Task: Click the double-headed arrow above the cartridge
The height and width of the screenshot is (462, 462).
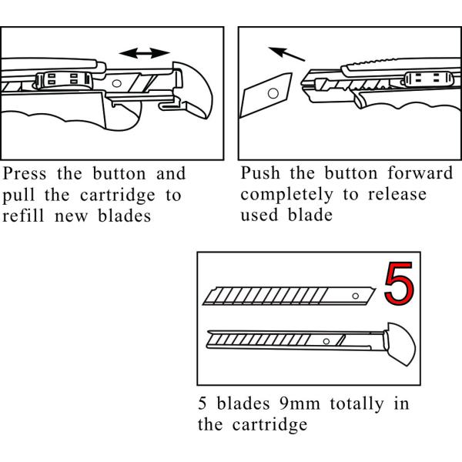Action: pos(146,52)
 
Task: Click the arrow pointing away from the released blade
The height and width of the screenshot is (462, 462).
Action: pos(284,55)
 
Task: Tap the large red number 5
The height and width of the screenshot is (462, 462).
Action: pos(397,285)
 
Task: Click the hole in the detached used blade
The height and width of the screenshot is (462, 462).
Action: pos(271,92)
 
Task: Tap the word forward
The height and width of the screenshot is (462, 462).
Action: pos(420,173)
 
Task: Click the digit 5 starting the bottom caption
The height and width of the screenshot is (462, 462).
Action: pos(203,403)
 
